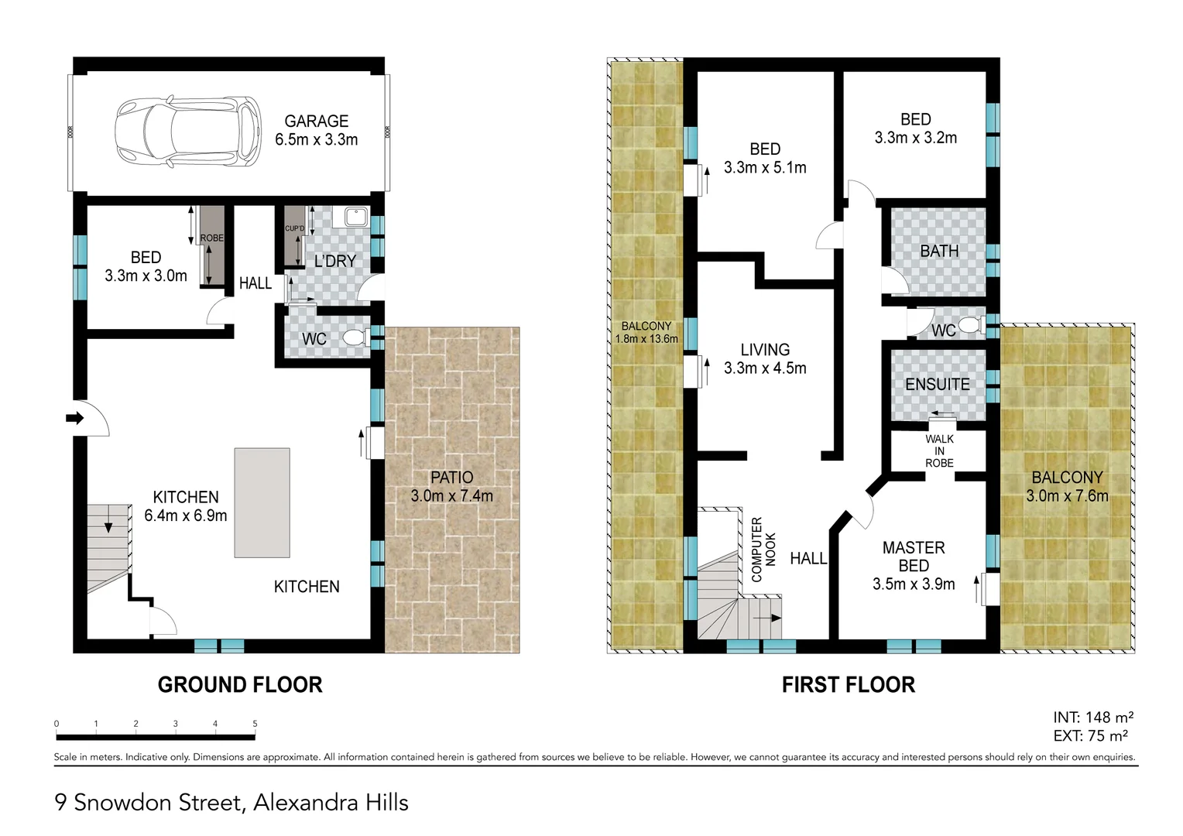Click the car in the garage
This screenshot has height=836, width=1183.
tap(188, 131)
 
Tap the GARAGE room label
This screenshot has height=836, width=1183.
tap(316, 122)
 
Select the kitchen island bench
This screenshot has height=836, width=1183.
tap(262, 502)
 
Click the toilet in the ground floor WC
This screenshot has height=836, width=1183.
tap(355, 338)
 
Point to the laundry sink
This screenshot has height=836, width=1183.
tap(355, 217)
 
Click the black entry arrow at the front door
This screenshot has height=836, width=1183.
tap(74, 419)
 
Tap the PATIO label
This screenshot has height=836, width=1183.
tap(451, 478)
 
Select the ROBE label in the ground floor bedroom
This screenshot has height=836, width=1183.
tap(211, 238)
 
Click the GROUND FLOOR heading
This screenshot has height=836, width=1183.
tap(240, 685)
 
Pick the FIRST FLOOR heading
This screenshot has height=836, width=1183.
tap(848, 685)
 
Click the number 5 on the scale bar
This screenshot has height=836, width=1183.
tap(255, 724)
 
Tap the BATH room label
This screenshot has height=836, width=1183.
tap(939, 252)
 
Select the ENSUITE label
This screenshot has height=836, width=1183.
tap(937, 385)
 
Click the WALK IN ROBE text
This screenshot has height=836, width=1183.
tap(939, 451)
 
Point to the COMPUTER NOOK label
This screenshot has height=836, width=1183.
tap(763, 549)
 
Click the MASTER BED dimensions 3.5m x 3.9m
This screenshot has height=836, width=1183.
tap(914, 584)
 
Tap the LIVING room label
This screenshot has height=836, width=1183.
tap(765, 350)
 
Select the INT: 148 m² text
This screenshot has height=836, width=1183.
tap(1093, 718)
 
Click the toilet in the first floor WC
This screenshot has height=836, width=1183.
tap(969, 327)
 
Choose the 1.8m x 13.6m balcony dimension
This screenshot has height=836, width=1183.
tap(646, 339)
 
